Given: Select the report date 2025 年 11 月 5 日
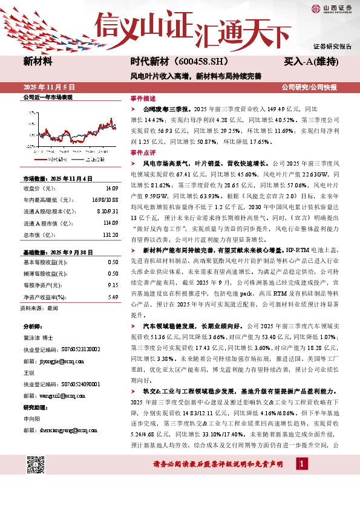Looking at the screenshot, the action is coord(48,87).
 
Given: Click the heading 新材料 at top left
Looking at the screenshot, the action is coord(38,62).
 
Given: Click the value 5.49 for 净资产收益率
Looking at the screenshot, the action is coord(113,297).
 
